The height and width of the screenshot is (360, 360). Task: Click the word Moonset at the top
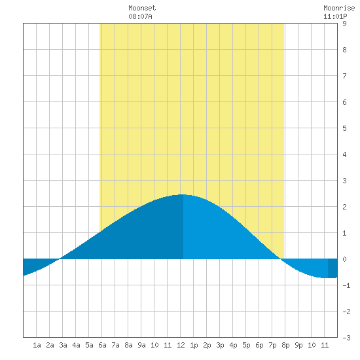(x=142, y=8)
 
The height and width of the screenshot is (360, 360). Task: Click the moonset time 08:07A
(x=140, y=16)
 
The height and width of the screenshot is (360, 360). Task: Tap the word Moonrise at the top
(x=339, y=8)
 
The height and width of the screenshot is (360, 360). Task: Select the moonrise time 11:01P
(x=335, y=16)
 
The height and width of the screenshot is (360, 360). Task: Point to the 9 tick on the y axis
(x=344, y=24)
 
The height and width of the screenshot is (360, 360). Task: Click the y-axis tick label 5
(x=344, y=128)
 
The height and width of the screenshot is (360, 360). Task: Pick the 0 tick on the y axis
(x=344, y=259)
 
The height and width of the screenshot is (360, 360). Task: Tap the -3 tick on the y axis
(x=346, y=338)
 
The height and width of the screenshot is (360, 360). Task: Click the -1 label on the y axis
(x=346, y=285)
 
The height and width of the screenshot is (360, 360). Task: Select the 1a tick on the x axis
(x=37, y=345)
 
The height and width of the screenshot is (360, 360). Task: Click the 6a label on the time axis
(x=102, y=345)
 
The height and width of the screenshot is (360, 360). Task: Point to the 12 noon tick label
(x=181, y=345)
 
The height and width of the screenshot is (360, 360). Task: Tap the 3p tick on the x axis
(x=220, y=345)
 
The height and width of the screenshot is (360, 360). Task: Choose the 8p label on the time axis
(x=285, y=345)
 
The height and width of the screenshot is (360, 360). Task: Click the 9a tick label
(x=141, y=345)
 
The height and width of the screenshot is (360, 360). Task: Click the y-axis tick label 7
(x=344, y=76)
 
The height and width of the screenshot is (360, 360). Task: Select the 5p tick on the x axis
(x=246, y=345)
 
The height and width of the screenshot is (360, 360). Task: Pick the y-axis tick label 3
(x=344, y=181)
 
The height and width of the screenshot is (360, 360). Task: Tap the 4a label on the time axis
(x=76, y=345)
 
